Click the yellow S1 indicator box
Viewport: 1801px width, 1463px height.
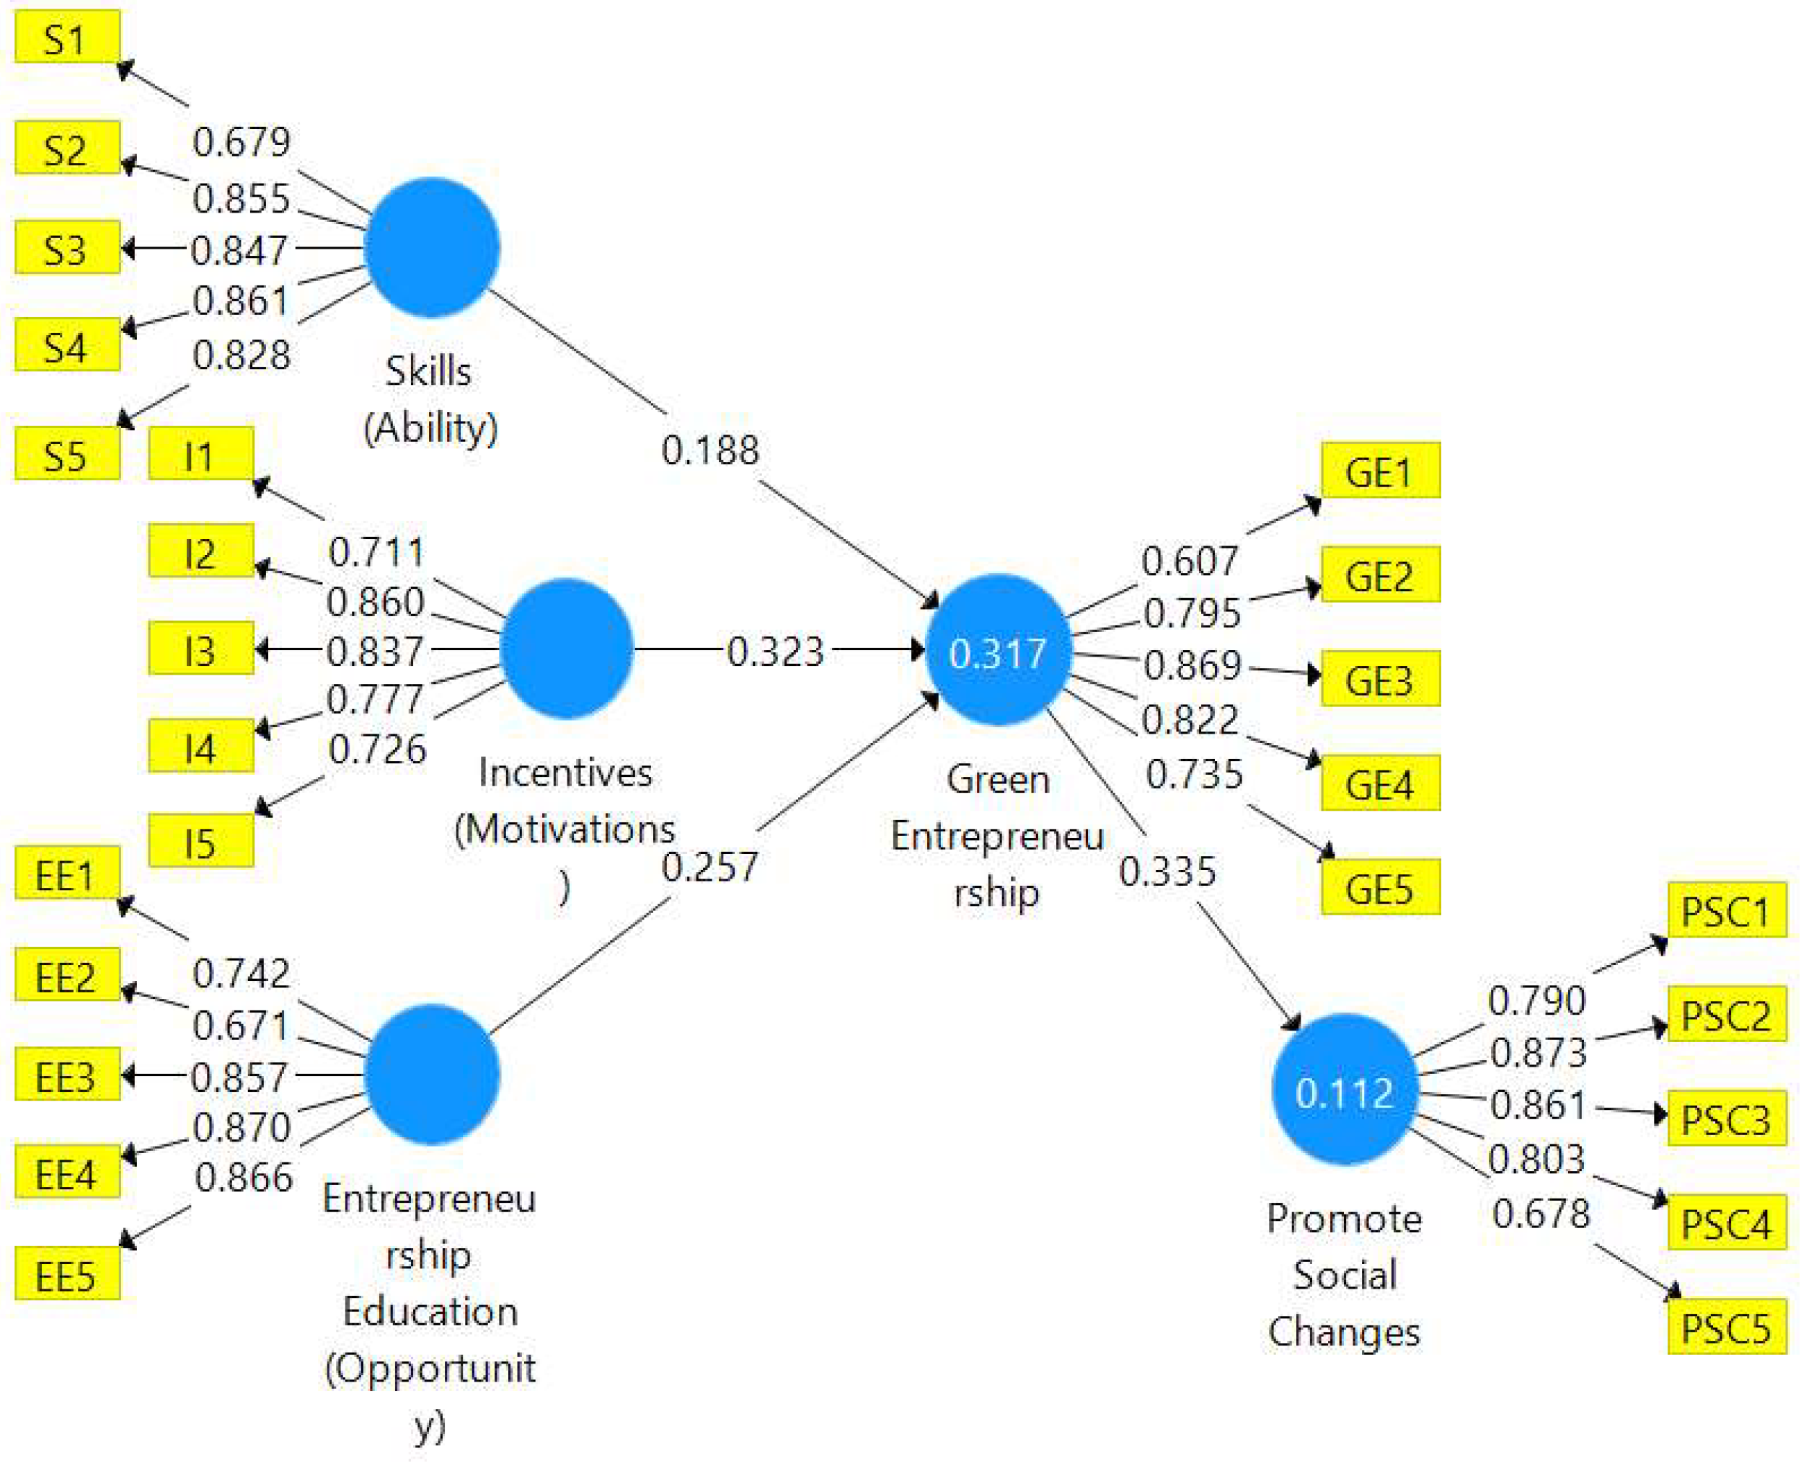[x=66, y=36]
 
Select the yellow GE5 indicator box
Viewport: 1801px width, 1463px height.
[x=1379, y=886]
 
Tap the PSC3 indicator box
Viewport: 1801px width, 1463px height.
[x=1726, y=1119]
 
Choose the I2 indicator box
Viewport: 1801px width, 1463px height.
[x=200, y=551]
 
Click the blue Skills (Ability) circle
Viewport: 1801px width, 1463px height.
[x=432, y=247]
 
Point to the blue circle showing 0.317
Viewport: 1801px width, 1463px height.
[x=997, y=652]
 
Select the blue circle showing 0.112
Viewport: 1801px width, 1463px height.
[x=1344, y=1090]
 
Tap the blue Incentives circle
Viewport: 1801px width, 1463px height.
[x=566, y=648]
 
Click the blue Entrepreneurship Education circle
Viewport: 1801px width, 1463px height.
[x=432, y=1074]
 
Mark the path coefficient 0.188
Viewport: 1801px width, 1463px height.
[x=710, y=449]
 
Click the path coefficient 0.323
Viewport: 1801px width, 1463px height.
[x=775, y=651]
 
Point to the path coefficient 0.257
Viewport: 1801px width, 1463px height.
[x=710, y=867]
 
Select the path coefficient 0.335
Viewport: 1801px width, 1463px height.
[x=1167, y=871]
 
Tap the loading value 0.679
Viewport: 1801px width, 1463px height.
[x=241, y=141]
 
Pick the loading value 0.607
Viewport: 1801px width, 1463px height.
[x=1190, y=561]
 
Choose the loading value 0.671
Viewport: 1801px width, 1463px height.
[x=241, y=1026]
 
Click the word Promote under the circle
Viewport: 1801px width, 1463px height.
[x=1344, y=1219]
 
